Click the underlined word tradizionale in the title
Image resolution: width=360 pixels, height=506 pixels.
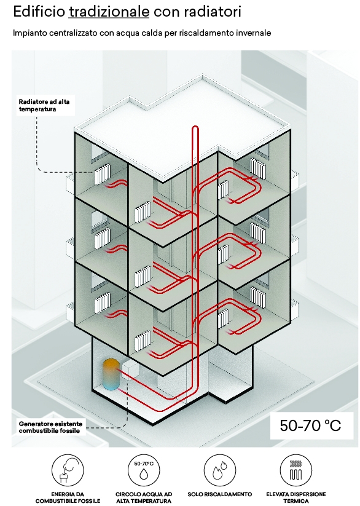(x=109, y=12)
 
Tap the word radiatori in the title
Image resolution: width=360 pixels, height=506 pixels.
(x=213, y=12)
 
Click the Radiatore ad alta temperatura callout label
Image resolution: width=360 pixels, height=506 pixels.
(x=44, y=105)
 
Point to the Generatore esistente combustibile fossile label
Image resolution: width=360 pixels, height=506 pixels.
(x=50, y=427)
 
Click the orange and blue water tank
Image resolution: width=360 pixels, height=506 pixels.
(x=111, y=374)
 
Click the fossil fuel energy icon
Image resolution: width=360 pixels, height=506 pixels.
(x=68, y=470)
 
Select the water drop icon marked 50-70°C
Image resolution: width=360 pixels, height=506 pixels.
(x=144, y=470)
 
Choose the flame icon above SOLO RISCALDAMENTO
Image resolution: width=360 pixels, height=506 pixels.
(x=220, y=470)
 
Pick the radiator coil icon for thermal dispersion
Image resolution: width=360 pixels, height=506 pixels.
(x=296, y=470)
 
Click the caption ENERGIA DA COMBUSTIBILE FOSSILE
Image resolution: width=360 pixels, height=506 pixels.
(x=68, y=497)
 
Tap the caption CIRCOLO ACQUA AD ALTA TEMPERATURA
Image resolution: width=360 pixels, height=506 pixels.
(x=144, y=497)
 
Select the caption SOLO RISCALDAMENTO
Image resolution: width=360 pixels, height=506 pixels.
(x=220, y=494)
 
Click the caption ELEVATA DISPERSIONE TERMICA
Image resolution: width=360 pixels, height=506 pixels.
(x=296, y=497)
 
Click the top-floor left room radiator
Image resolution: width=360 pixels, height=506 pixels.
(x=103, y=174)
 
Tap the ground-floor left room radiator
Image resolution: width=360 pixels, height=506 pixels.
(x=103, y=302)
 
